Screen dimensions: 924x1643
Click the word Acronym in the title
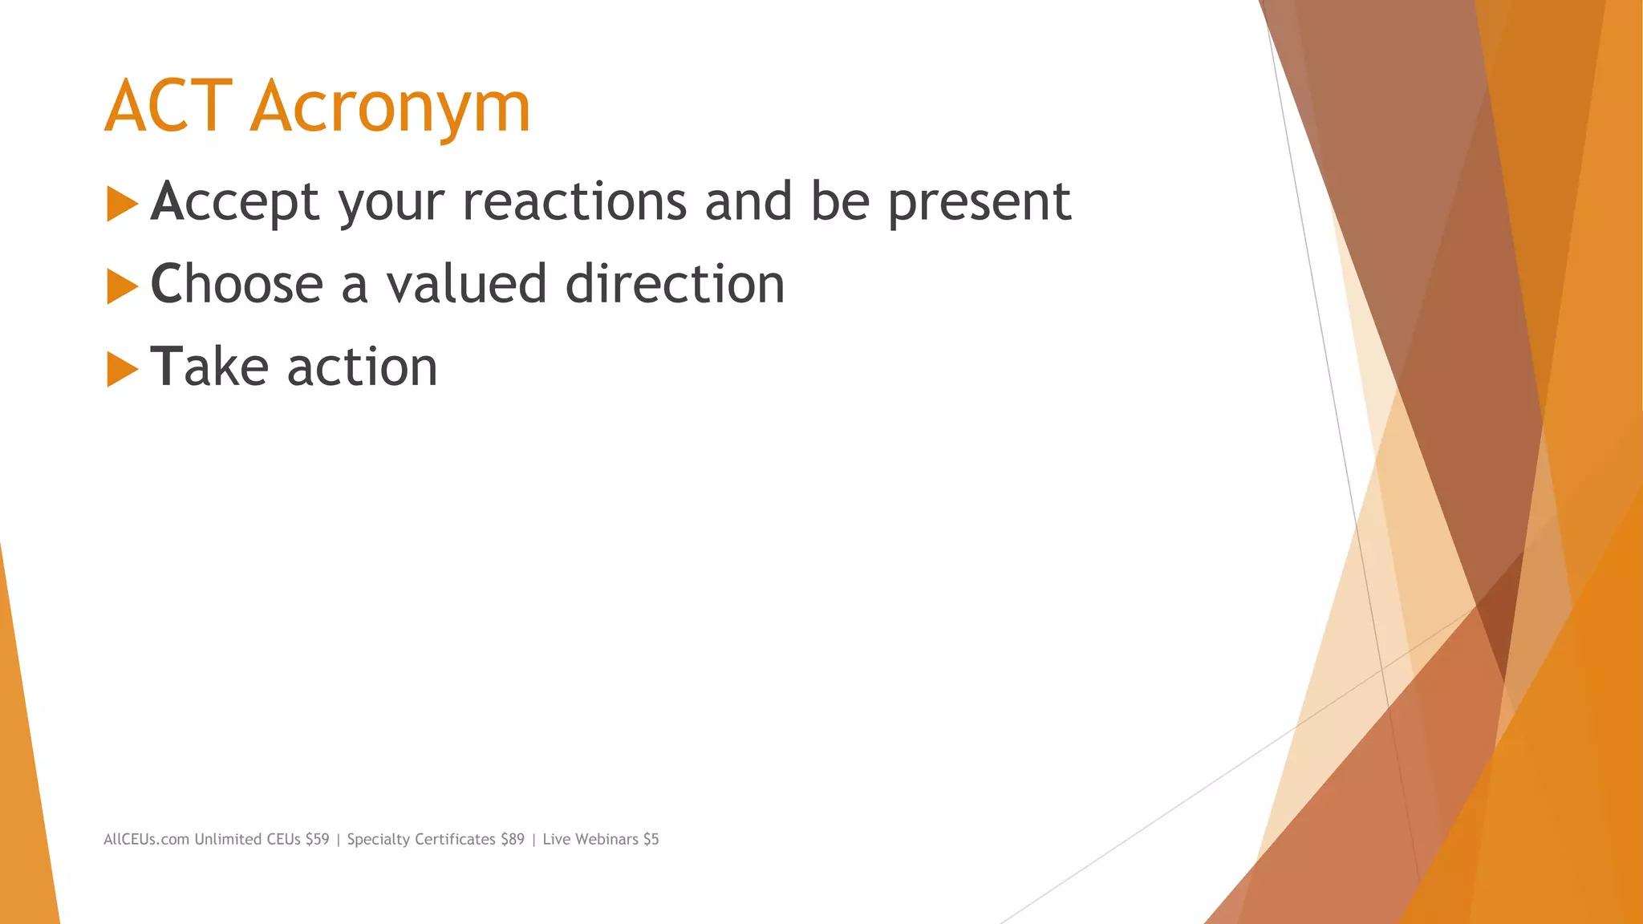coord(391,108)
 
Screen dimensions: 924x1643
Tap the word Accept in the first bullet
coord(235,202)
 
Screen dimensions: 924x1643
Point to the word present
coord(979,202)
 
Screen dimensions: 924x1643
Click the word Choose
coord(237,284)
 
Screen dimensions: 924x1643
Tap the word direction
coord(675,284)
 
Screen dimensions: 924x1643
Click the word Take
coord(209,367)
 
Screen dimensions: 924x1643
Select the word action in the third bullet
coord(362,367)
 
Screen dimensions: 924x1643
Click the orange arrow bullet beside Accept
coord(122,204)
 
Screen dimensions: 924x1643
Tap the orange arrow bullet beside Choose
coord(122,286)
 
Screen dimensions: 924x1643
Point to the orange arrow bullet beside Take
coord(122,369)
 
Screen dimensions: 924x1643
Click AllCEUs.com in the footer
coord(146,839)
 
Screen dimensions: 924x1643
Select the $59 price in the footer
coord(317,839)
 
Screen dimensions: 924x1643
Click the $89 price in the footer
coord(512,839)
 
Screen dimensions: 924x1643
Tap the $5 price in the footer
coord(651,839)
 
